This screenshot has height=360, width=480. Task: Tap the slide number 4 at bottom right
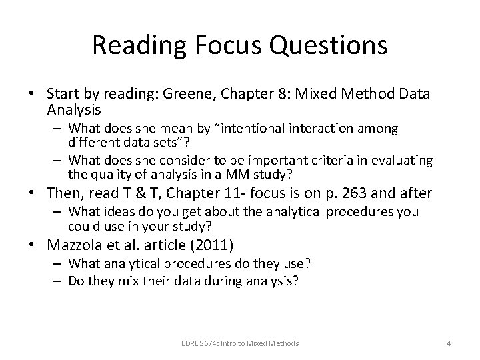[449, 343]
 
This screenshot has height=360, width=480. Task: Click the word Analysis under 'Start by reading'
[74, 108]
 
